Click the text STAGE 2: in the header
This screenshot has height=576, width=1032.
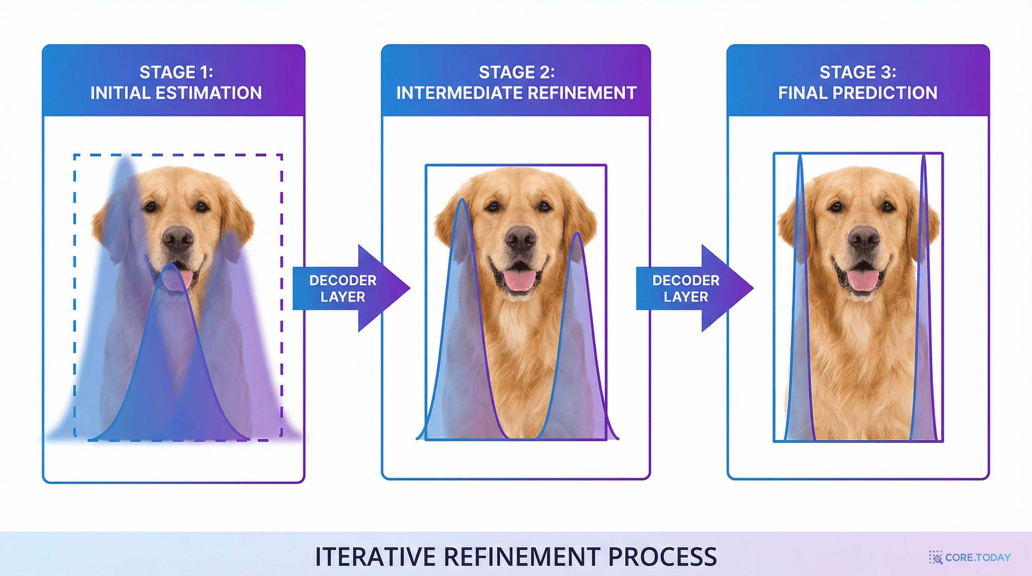(517, 72)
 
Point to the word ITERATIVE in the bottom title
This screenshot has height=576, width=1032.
(375, 556)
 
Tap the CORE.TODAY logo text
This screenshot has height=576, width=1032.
(978, 557)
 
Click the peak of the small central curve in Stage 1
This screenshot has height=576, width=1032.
(171, 264)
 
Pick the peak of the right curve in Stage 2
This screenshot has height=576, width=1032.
(577, 233)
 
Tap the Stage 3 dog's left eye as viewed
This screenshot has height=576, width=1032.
(836, 207)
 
